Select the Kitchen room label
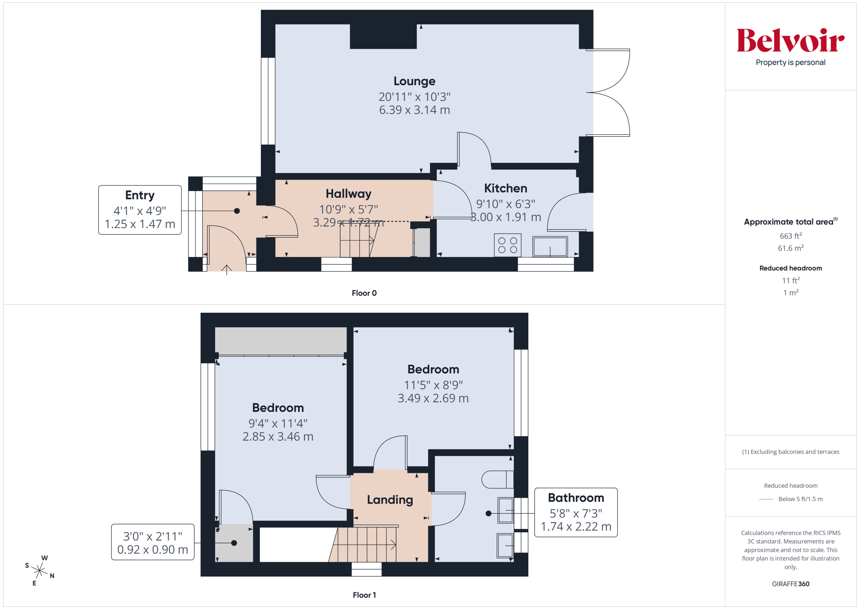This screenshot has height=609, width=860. [505, 188]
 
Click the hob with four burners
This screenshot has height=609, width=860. [508, 245]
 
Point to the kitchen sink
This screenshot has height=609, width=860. [550, 246]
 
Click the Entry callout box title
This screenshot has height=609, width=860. [140, 195]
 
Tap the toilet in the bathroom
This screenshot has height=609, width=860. [497, 479]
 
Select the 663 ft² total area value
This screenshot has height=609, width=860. [790, 236]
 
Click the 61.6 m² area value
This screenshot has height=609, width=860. [790, 248]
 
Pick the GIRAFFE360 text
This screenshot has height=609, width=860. [790, 584]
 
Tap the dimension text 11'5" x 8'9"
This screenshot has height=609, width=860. [433, 385]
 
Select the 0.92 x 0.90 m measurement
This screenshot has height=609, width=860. [152, 550]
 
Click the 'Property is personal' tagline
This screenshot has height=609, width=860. [790, 63]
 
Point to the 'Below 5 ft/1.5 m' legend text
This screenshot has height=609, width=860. [801, 499]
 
